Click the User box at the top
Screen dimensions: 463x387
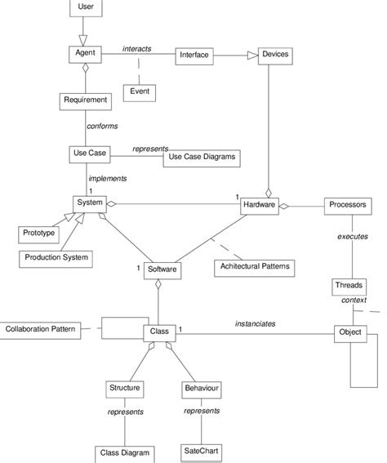click(x=84, y=7)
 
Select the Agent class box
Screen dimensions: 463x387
click(x=84, y=54)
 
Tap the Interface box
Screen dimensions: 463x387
click(x=193, y=56)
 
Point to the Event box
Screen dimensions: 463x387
click(x=140, y=91)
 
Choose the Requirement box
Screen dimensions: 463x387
click(x=85, y=100)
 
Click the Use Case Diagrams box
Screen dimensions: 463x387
click(x=201, y=158)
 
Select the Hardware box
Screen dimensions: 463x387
click(x=259, y=204)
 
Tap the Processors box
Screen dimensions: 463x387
click(x=349, y=204)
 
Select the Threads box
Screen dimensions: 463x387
click(x=349, y=286)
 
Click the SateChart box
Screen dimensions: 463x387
click(x=200, y=452)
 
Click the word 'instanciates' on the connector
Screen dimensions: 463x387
click(x=255, y=324)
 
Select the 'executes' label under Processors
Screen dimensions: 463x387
click(x=352, y=238)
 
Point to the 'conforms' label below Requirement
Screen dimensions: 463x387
click(x=102, y=126)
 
